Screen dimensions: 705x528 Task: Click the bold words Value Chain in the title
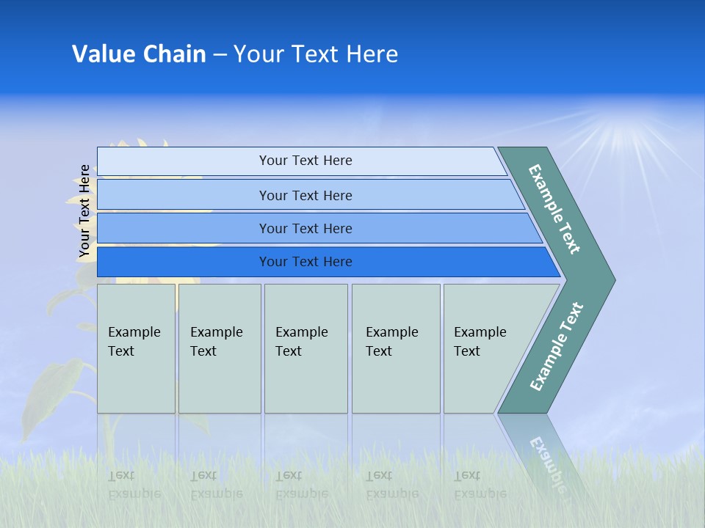(x=139, y=54)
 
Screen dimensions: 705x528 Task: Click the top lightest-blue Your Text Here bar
(x=302, y=161)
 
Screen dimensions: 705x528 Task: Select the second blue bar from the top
(x=311, y=195)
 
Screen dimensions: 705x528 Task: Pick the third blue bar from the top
(x=319, y=228)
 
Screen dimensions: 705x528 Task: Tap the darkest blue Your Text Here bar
(x=329, y=262)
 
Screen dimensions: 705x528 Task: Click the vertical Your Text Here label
(x=84, y=211)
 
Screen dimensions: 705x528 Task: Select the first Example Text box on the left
(x=137, y=348)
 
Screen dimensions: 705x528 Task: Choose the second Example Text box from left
(x=220, y=348)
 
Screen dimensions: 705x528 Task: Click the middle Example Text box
(x=306, y=348)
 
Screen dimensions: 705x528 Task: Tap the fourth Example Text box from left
(x=396, y=348)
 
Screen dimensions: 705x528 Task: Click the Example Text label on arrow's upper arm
(x=554, y=209)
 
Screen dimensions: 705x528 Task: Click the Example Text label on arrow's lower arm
(x=557, y=346)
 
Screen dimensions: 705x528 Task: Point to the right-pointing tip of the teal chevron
(x=615, y=280)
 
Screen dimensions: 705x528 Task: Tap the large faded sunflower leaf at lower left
(x=51, y=395)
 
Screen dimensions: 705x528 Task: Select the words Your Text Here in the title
(x=316, y=54)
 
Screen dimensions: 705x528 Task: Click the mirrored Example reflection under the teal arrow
(x=548, y=465)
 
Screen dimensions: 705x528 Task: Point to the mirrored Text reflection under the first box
(x=121, y=475)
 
